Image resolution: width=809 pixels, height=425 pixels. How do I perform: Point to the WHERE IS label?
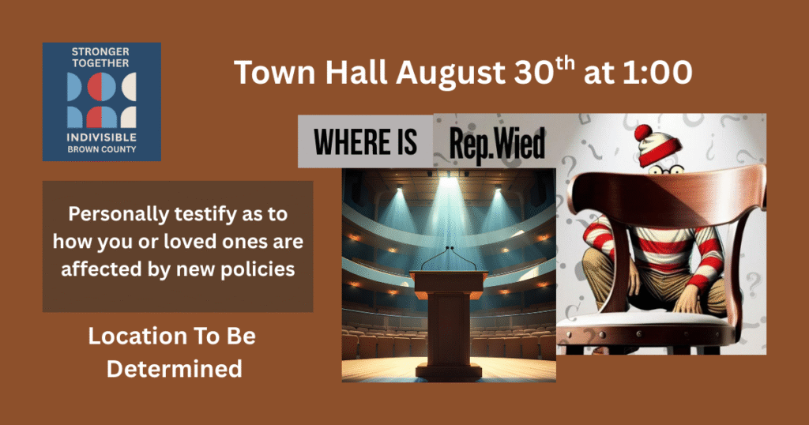(x=364, y=143)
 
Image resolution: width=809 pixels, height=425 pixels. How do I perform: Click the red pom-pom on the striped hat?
(x=644, y=132)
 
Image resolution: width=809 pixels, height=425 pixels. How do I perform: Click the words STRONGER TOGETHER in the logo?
(x=100, y=58)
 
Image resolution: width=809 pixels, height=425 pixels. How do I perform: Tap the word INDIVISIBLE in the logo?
(x=100, y=138)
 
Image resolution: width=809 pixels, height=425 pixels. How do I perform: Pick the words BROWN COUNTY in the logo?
(x=100, y=149)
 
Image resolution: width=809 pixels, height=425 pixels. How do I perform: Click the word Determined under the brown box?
(x=174, y=368)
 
